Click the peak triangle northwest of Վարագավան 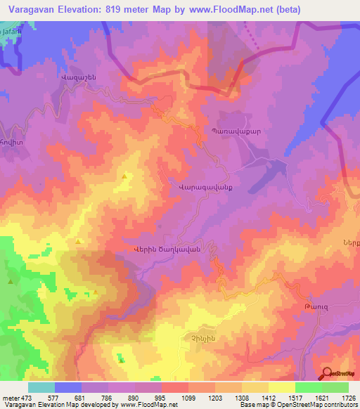click(x=126, y=176)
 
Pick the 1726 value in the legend click(x=347, y=398)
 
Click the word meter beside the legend click(x=10, y=398)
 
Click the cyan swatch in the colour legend click(x=41, y=387)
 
